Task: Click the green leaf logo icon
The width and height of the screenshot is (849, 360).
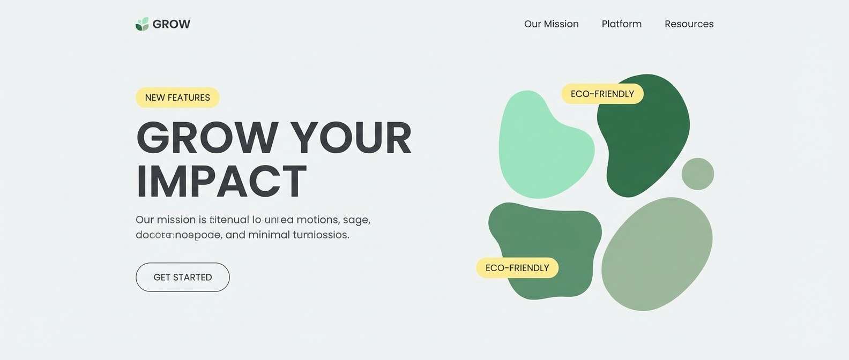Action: pyautogui.click(x=142, y=24)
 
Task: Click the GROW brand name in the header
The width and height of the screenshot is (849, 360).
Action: pyautogui.click(x=172, y=24)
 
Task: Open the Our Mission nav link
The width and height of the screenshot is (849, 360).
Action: pyautogui.click(x=551, y=24)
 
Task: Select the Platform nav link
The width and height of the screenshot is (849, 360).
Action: pyautogui.click(x=621, y=24)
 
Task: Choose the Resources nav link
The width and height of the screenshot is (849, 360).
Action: pyautogui.click(x=689, y=24)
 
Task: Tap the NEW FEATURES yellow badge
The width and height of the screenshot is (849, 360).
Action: pyautogui.click(x=177, y=97)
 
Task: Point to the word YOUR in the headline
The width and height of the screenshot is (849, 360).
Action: pyautogui.click(x=351, y=138)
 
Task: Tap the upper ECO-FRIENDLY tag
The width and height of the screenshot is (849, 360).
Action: pyautogui.click(x=602, y=94)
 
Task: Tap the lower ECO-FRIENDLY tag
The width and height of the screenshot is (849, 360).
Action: pyautogui.click(x=517, y=268)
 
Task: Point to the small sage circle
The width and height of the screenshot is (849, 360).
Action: pyautogui.click(x=697, y=174)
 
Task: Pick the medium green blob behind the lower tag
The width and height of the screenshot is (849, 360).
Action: pyautogui.click(x=557, y=236)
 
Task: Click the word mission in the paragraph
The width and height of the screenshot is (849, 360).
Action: pyautogui.click(x=176, y=220)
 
